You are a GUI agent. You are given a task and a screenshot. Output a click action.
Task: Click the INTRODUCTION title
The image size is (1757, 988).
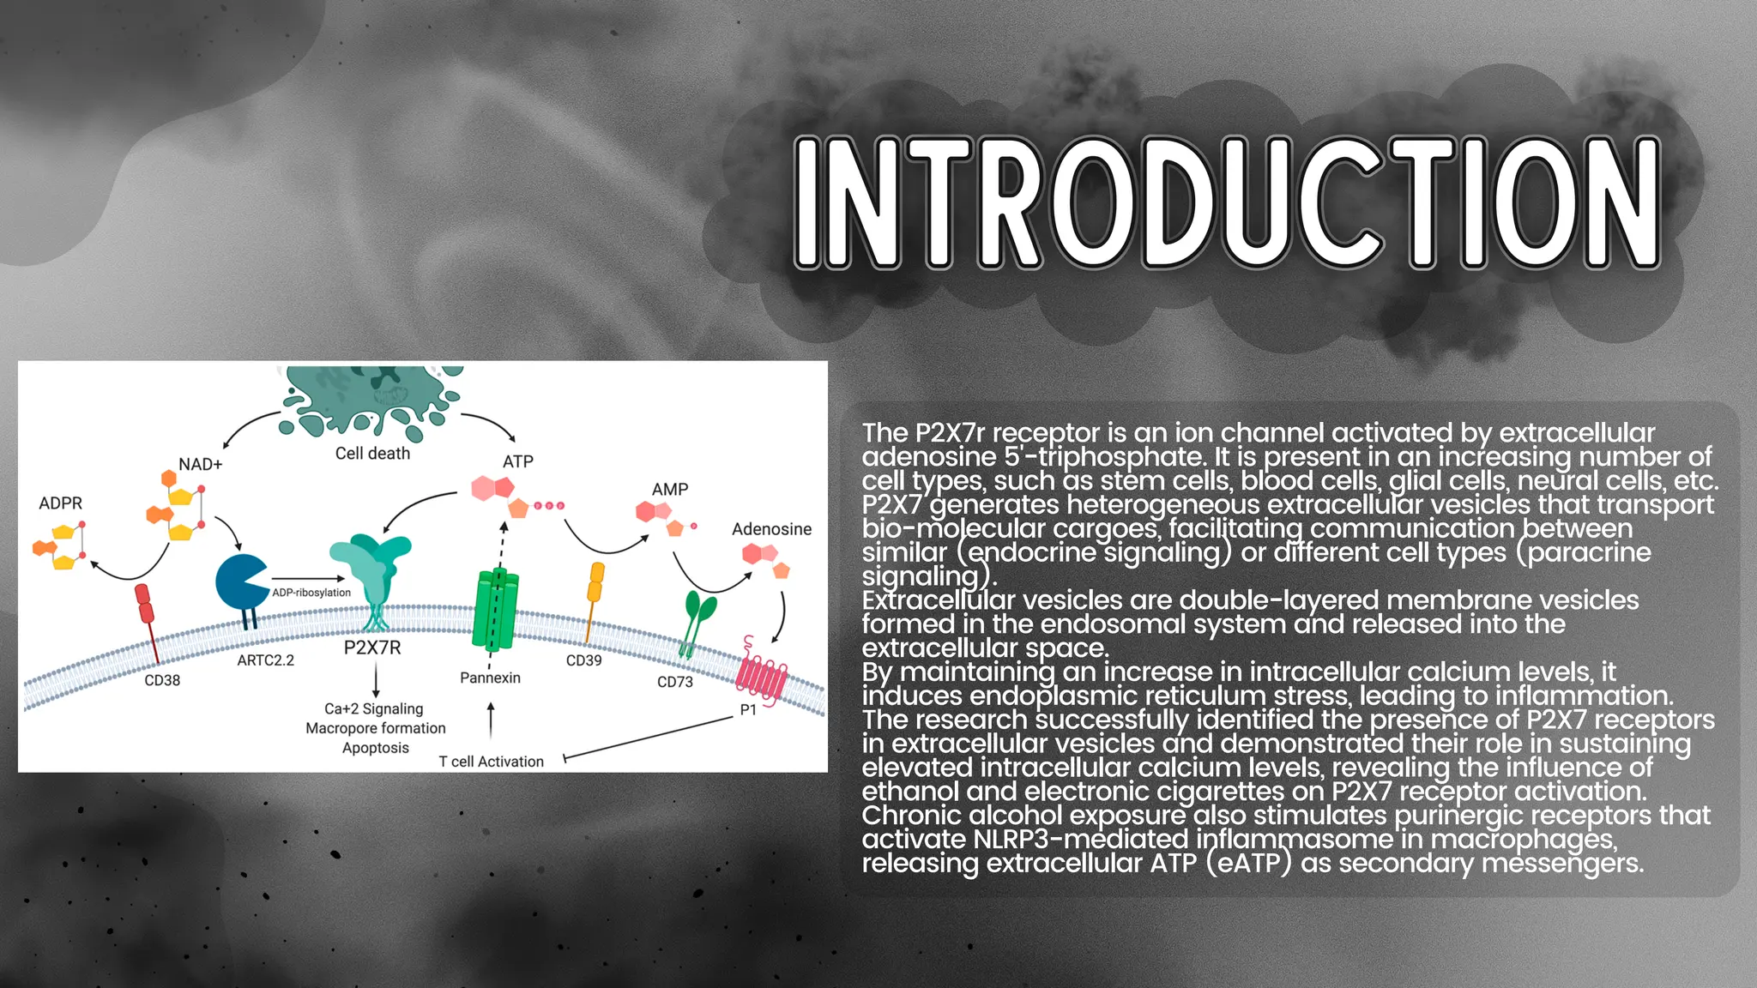(x=1227, y=203)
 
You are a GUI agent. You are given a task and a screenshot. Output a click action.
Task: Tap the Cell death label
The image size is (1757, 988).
(x=372, y=454)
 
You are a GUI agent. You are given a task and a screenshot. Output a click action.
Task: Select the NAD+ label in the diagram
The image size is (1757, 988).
(x=200, y=465)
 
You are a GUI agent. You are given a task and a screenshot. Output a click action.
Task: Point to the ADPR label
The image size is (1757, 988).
(x=60, y=503)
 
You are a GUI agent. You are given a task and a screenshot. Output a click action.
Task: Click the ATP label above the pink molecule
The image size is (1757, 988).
(x=517, y=462)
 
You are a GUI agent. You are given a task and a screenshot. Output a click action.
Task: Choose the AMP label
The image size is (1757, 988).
(x=670, y=490)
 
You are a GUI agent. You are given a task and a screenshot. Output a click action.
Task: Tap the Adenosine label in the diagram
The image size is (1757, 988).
(x=771, y=529)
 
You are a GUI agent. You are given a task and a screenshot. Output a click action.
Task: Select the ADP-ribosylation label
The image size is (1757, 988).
(x=311, y=593)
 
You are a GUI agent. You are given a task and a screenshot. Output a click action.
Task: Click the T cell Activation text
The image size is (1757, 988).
(x=491, y=762)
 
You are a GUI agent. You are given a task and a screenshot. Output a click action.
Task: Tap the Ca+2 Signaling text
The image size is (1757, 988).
(x=374, y=709)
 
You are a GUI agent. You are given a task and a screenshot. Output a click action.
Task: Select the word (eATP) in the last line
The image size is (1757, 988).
(x=1248, y=863)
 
